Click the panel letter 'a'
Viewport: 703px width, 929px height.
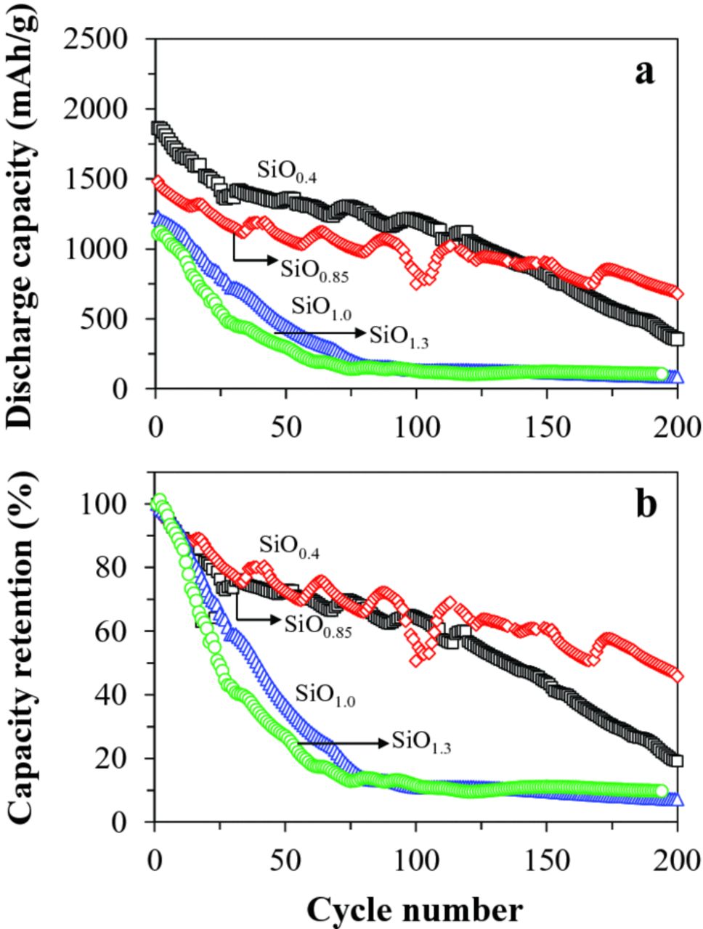click(643, 73)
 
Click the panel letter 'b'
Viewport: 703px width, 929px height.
click(646, 505)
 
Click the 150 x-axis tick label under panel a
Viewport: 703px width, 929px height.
click(547, 426)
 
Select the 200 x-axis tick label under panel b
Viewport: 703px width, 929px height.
click(677, 859)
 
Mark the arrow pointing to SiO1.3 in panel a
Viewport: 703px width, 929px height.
click(320, 333)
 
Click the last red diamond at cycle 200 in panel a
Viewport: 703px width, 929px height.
click(677, 293)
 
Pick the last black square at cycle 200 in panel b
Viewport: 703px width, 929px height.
click(677, 761)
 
